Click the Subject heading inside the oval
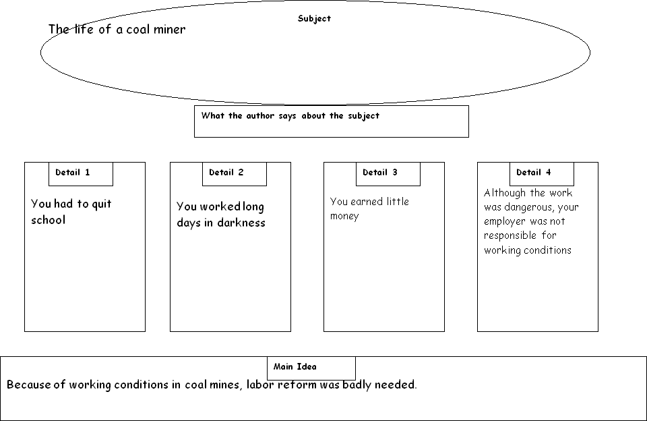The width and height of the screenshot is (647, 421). coord(314,19)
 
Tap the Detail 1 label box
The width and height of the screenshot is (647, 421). coord(80,174)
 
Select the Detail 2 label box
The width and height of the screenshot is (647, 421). coord(235,174)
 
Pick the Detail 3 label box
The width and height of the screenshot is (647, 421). coord(388,174)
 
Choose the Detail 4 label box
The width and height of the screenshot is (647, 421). coord(541,174)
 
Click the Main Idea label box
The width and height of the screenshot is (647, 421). coord(311,368)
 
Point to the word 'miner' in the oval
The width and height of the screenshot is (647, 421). coord(169,29)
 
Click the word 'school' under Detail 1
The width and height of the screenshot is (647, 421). coord(49,220)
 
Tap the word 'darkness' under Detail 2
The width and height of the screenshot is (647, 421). coord(241,223)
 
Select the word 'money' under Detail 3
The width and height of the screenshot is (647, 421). coord(344,216)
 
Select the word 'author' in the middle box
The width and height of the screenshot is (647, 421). coord(260,115)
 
